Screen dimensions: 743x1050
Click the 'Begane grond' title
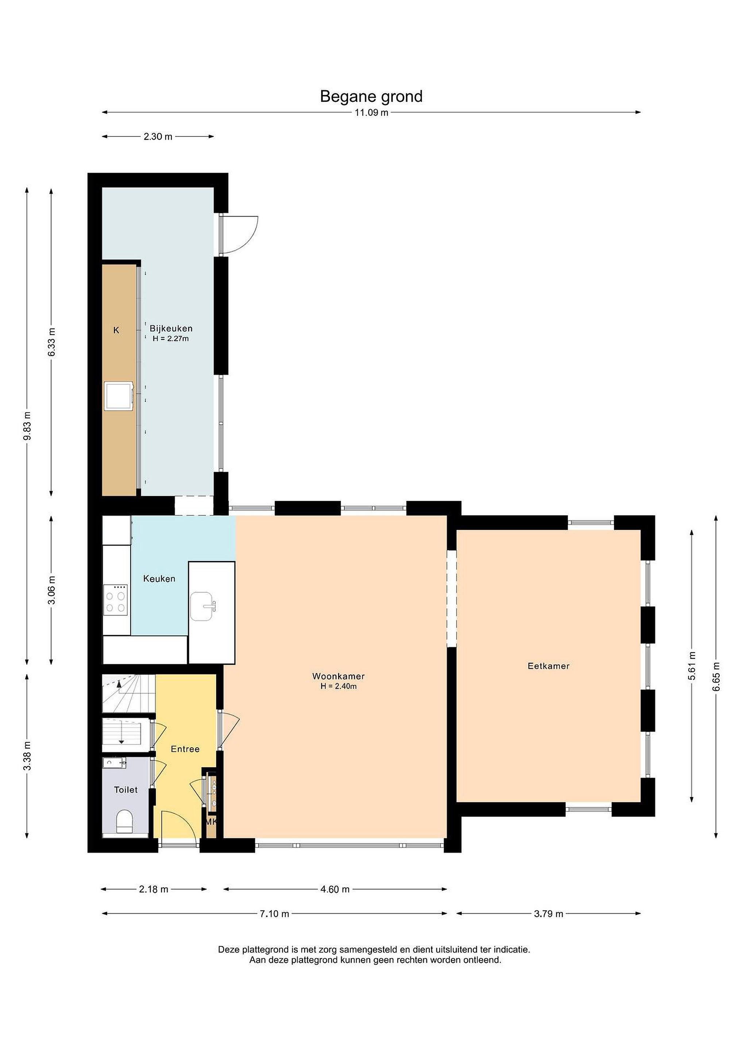(x=371, y=97)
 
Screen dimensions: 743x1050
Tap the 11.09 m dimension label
(x=371, y=113)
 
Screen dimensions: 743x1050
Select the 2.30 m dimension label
(x=158, y=137)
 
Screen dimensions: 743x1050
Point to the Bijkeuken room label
(x=171, y=328)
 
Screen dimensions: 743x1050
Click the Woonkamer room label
(x=338, y=676)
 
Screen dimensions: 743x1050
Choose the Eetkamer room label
(x=549, y=666)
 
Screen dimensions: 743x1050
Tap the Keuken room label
(x=159, y=579)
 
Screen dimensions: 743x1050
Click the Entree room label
(x=185, y=748)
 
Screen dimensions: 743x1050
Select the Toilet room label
(x=126, y=789)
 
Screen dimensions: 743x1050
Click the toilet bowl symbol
(x=124, y=821)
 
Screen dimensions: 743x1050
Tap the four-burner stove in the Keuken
(x=115, y=600)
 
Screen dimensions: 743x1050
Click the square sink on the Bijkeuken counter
(x=119, y=396)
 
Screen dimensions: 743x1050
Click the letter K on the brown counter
(x=116, y=330)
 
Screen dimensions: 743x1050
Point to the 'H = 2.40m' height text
(x=338, y=686)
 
